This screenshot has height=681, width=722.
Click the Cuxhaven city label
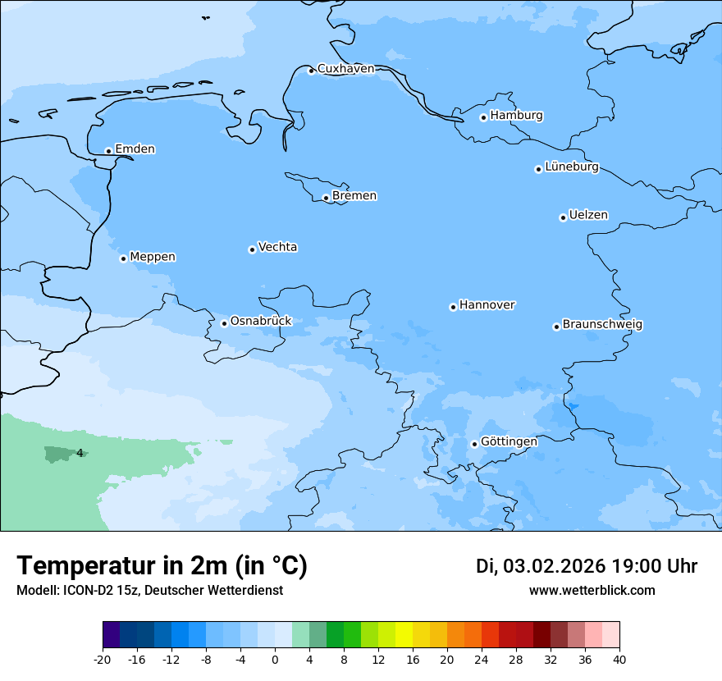345,69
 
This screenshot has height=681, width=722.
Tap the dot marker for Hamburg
483,117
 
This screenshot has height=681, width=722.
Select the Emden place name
135,149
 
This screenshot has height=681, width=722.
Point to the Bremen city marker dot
326,198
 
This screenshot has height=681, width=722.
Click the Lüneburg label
571,167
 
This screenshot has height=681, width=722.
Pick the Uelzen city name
588,216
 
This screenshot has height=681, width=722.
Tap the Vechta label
277,248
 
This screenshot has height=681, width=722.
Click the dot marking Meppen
123,258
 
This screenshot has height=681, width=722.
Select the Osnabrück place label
260,322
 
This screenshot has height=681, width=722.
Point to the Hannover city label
487,305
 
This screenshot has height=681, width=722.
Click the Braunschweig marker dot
556,327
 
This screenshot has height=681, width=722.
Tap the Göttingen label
509,442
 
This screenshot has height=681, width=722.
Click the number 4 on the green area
80,453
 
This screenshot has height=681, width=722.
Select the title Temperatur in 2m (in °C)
162,566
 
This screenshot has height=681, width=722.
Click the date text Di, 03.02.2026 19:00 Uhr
587,566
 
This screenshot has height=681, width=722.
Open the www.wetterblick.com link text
592,591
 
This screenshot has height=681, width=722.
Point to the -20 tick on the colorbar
103,659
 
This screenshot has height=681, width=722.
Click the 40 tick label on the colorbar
619,659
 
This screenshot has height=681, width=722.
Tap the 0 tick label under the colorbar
275,659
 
